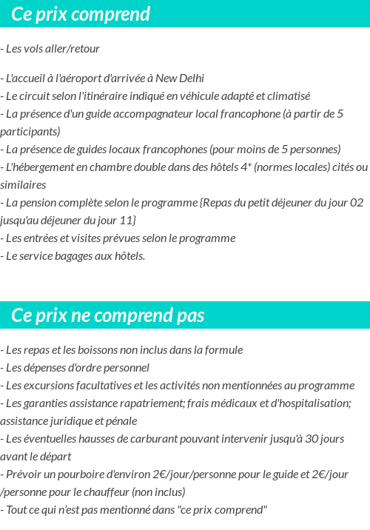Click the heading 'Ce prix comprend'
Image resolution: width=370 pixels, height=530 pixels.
81,14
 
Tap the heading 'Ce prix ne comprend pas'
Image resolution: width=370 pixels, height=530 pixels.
107,315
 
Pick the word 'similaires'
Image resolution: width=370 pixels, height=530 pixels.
23,185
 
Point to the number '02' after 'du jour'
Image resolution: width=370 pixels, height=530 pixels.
356,203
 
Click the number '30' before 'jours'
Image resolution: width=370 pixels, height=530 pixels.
313,439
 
